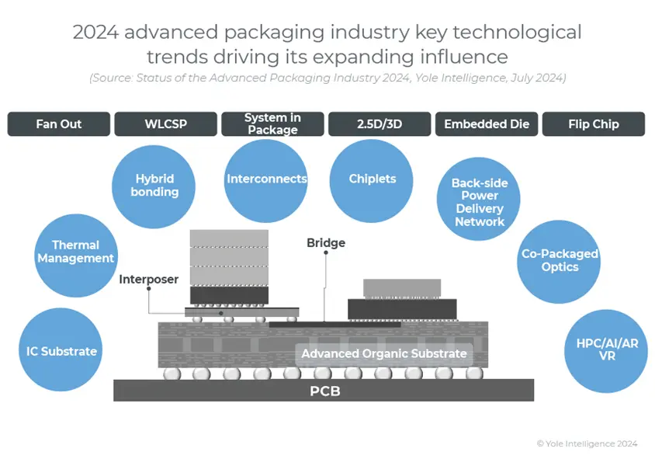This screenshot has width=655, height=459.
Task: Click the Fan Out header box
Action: point(59,124)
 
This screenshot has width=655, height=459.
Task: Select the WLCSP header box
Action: point(166,124)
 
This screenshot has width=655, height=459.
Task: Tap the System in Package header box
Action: point(272,124)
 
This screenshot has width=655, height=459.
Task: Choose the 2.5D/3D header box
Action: point(379,124)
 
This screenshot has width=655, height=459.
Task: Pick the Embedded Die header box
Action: point(487,124)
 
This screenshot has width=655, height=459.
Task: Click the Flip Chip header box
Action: point(594,124)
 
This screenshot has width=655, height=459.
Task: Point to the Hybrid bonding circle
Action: point(155,185)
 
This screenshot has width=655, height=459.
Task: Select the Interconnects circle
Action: point(266,179)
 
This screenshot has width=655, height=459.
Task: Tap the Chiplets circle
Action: point(373,179)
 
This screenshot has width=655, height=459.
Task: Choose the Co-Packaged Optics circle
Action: point(560,261)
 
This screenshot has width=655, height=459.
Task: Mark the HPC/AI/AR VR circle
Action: point(606,350)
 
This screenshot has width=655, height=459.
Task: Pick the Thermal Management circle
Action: point(76,252)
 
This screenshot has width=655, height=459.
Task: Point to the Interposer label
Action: point(149,280)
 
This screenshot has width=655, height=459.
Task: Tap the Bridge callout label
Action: point(326,243)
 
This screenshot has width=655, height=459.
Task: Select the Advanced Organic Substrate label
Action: point(384,354)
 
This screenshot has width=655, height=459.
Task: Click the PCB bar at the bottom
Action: point(324,391)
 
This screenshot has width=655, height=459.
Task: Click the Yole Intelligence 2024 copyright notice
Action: point(587,443)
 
